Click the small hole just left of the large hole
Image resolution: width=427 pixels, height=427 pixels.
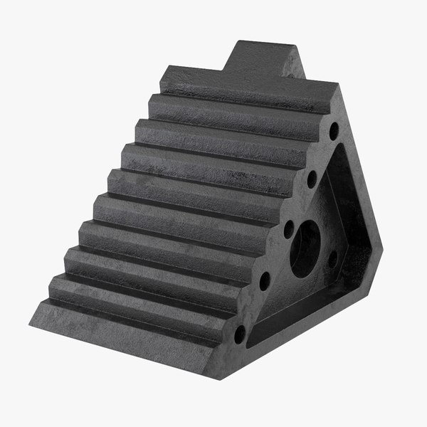pos(288,229)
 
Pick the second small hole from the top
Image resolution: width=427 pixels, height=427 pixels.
pos(311,179)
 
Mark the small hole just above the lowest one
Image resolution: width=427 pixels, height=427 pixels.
pos(264,280)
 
